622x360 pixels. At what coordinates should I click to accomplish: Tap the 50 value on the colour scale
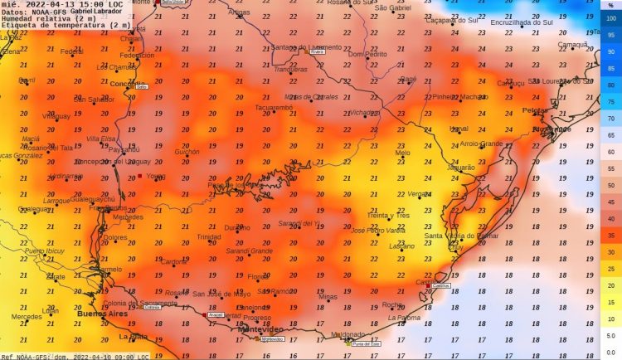(x=610, y=185)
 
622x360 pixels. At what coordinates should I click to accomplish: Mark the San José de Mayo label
(x=221, y=294)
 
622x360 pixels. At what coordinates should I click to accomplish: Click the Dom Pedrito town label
(x=367, y=55)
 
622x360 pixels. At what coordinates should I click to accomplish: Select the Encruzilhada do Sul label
(x=521, y=22)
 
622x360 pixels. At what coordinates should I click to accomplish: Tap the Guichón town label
(x=187, y=152)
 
